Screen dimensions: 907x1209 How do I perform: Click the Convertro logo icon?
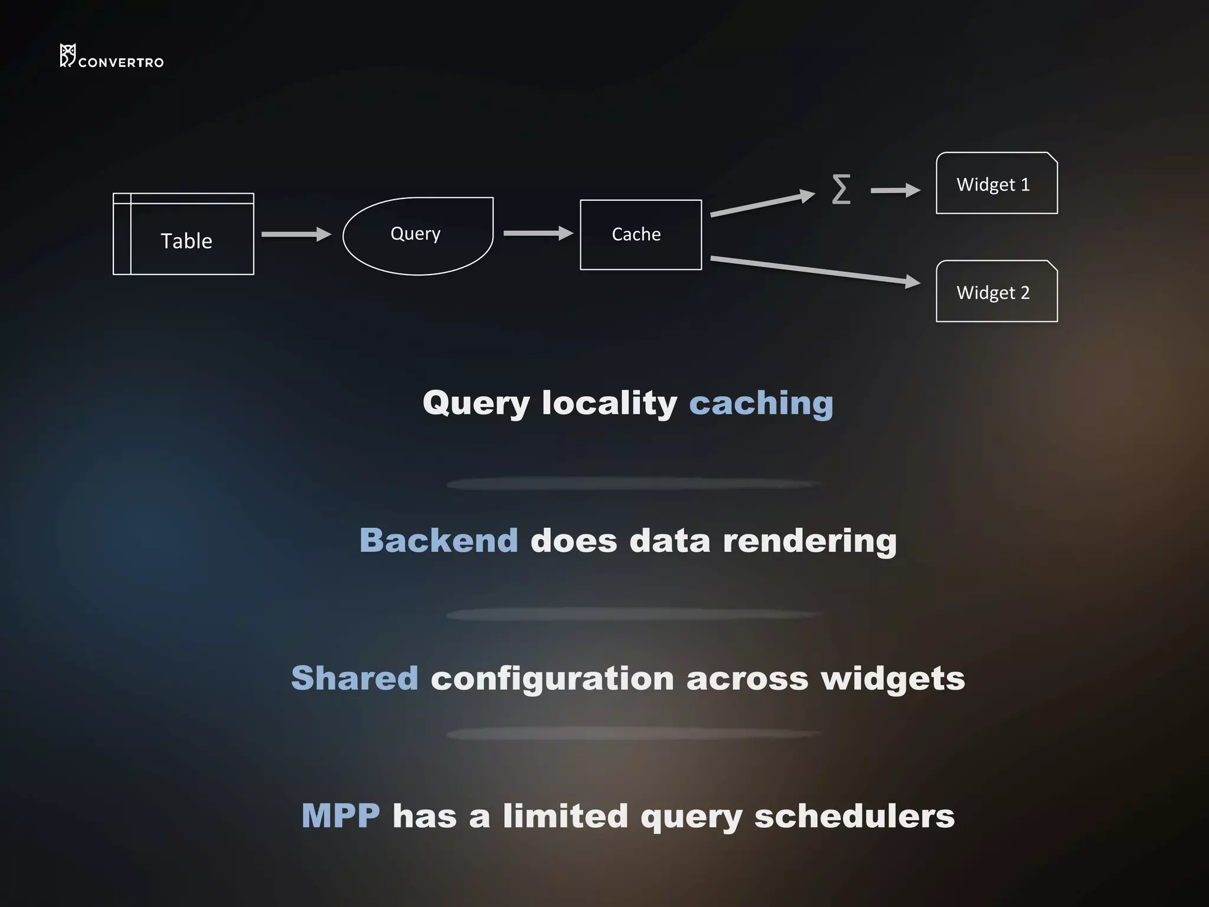point(67,56)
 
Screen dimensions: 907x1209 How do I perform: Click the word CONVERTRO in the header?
point(121,63)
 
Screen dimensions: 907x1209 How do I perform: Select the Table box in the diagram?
point(184,234)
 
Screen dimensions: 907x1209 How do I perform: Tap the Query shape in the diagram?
point(417,235)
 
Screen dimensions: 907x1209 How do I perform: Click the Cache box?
point(641,234)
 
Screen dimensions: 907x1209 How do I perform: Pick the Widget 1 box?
point(996,184)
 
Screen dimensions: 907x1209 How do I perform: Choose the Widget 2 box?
point(996,292)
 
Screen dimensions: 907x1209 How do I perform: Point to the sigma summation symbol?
point(841,189)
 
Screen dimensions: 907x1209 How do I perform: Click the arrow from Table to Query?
point(296,234)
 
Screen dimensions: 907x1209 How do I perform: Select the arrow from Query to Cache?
point(537,233)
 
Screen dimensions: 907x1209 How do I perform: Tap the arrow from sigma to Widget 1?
point(895,190)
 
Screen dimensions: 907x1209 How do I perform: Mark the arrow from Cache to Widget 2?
point(815,270)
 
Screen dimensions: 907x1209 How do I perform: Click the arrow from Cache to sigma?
point(762,204)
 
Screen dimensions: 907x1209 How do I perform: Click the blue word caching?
point(761,404)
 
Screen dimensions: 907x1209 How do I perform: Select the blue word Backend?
point(439,541)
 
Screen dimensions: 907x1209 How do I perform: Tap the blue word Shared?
point(355,678)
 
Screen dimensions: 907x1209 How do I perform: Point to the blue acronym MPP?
point(341,816)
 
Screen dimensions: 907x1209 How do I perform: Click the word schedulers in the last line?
point(854,816)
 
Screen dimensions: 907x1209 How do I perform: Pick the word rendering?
point(809,541)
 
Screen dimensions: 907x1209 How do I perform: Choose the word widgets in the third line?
point(893,678)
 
